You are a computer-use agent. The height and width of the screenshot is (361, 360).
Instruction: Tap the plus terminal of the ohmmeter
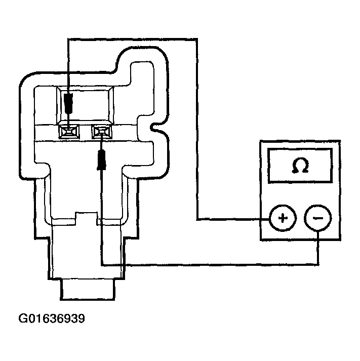click(283, 219)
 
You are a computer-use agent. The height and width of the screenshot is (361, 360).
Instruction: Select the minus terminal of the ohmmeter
click(317, 219)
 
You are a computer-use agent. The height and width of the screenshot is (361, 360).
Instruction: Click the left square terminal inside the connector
click(68, 132)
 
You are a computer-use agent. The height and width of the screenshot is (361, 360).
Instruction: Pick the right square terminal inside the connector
click(101, 132)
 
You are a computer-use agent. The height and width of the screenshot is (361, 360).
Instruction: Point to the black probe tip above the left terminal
click(68, 104)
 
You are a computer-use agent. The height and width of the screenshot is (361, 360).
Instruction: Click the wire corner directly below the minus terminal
click(317, 264)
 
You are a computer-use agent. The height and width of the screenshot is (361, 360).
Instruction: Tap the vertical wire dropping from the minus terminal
click(317, 248)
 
